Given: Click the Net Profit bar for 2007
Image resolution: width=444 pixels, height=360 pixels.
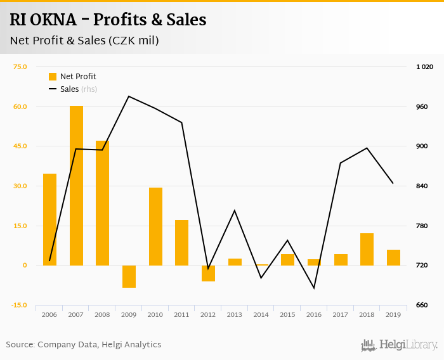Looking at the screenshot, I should (76, 185).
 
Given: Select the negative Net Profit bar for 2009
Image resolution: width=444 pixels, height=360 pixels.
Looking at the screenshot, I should (129, 276).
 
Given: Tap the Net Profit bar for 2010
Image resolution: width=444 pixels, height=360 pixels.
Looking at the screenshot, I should (155, 226).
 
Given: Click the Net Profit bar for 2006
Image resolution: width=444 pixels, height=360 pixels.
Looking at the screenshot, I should (49, 219).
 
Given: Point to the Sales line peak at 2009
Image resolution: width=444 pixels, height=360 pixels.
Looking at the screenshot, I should (129, 96).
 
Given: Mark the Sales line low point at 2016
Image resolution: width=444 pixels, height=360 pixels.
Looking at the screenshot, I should (314, 288).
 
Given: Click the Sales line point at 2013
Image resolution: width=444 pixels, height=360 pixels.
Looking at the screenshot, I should (235, 210).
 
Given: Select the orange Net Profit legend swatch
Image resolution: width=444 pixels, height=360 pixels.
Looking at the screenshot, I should (53, 77).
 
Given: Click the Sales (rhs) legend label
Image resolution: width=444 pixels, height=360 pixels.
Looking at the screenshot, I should (78, 89).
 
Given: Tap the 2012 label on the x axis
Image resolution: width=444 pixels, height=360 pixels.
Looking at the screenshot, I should (208, 314).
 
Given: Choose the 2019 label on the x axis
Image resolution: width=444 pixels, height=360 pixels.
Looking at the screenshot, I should (393, 314).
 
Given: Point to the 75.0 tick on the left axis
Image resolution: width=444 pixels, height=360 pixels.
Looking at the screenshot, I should (20, 67).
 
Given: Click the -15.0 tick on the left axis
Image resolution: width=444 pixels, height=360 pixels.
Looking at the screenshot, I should (19, 305).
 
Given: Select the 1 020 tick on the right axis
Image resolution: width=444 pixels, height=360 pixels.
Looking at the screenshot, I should (424, 67).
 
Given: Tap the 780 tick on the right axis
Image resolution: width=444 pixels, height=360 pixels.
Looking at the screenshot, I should (422, 226).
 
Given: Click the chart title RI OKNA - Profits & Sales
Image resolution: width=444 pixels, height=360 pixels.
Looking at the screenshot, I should (108, 20).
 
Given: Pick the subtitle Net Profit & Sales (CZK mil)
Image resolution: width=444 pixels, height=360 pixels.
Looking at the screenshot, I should (84, 41).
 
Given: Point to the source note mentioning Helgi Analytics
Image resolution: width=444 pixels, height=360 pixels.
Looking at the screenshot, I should (84, 345).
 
